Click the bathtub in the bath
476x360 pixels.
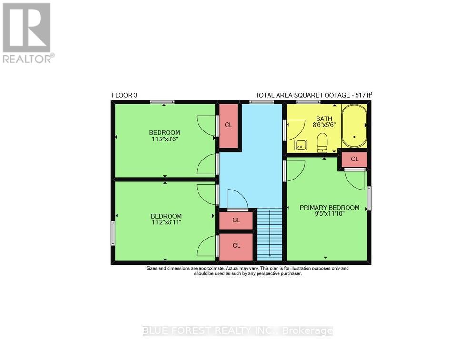tap(354, 126)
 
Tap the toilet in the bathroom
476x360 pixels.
tap(322, 141)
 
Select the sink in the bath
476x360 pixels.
tap(300, 144)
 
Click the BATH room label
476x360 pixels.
tap(324, 119)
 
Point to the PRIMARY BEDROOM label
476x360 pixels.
tap(329, 207)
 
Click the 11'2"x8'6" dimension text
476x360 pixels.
tap(165, 140)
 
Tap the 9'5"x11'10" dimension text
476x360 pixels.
tap(329, 214)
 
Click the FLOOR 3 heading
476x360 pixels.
tap(124, 95)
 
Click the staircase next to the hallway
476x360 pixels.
tap(269, 234)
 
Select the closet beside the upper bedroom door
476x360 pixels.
tap(228, 125)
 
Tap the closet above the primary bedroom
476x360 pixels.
tap(355, 159)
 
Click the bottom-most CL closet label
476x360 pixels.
tap(236, 246)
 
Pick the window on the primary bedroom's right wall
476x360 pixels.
tap(369, 199)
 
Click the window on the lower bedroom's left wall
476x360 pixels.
tap(113, 233)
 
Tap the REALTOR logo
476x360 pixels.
tap(27, 33)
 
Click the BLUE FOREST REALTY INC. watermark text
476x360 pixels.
tap(238, 331)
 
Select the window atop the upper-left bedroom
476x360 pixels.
tap(162, 101)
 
